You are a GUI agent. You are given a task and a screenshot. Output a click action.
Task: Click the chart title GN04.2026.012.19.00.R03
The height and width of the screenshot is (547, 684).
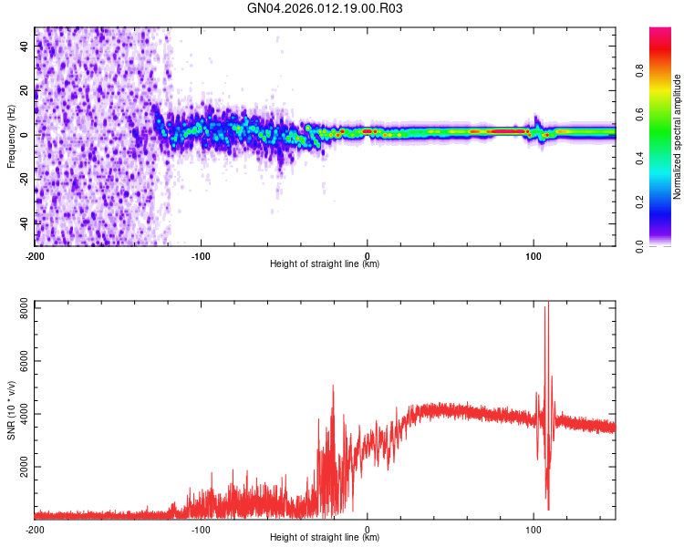(x=326, y=8)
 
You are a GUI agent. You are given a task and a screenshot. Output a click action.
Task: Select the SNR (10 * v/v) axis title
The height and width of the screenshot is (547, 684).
(x=11, y=411)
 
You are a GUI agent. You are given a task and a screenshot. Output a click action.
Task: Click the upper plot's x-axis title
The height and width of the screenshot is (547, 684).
(x=325, y=263)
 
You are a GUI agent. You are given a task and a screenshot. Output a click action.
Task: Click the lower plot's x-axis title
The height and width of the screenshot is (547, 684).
(x=325, y=537)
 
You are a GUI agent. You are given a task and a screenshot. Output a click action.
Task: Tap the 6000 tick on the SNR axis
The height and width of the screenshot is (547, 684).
(x=20, y=361)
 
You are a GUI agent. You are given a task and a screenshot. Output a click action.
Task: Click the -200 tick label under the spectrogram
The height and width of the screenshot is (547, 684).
(x=35, y=254)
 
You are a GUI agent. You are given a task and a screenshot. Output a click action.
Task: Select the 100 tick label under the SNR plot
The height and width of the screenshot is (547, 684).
(x=534, y=528)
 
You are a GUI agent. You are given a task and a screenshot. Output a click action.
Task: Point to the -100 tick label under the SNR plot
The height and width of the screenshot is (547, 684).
(x=201, y=528)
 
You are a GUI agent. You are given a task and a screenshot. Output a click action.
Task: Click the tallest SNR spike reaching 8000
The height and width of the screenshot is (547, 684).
(x=546, y=306)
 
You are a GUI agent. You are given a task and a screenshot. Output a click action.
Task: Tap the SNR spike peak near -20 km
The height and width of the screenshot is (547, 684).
(x=333, y=387)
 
